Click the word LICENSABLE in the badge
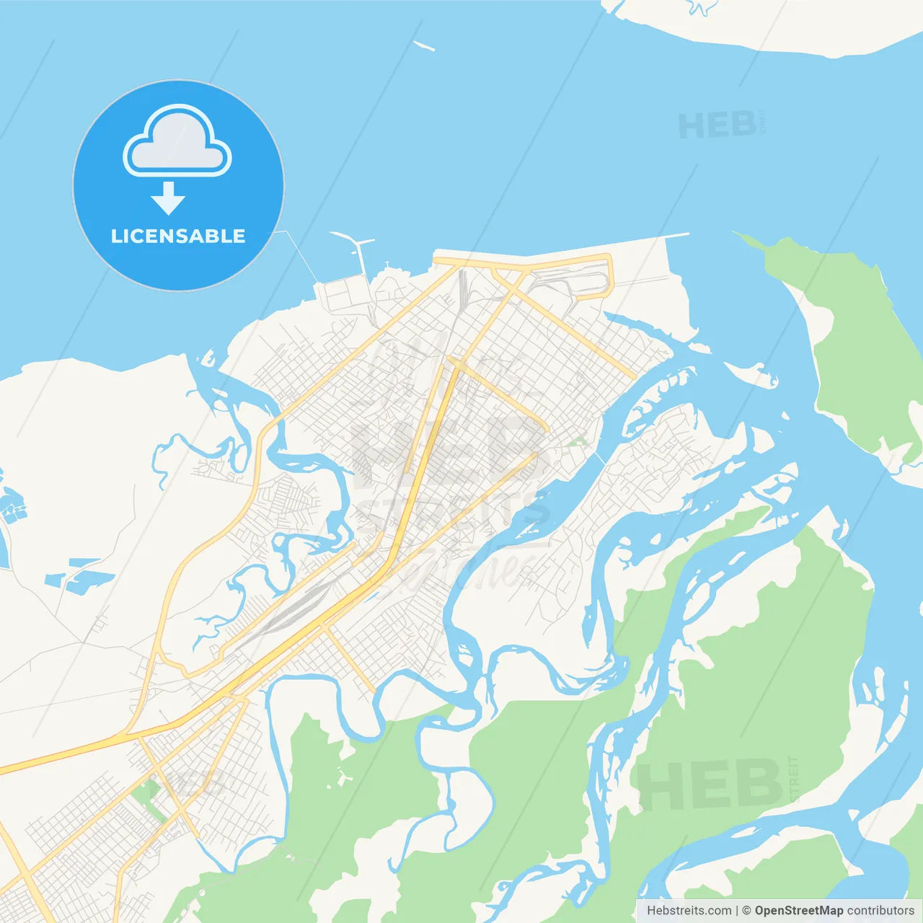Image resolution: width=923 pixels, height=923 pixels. click(x=178, y=236)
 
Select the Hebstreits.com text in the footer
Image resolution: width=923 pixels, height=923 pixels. click(x=689, y=911)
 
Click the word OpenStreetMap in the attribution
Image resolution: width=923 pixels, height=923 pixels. click(x=798, y=911)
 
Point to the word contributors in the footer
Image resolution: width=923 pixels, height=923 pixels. click(x=880, y=911)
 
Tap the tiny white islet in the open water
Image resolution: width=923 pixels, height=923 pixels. click(x=424, y=46)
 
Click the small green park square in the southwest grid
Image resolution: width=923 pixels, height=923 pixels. click(x=146, y=791)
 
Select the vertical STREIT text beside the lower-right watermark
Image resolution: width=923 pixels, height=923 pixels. click(x=794, y=779)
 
